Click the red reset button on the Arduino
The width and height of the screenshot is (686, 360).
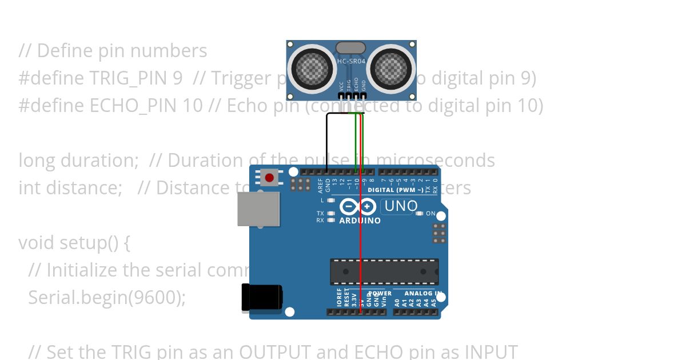[269, 178]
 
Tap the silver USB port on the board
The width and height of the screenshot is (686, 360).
[258, 209]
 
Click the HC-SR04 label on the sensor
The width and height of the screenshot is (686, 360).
[351, 61]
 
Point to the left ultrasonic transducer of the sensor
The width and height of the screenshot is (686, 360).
[312, 68]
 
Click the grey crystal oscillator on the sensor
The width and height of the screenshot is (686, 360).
[351, 47]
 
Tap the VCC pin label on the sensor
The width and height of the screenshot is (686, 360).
[341, 85]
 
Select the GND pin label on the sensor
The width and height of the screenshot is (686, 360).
[364, 85]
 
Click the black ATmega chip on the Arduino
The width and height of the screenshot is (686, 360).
[384, 271]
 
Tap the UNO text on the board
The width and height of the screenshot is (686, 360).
[401, 206]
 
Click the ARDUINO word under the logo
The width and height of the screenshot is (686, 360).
[360, 221]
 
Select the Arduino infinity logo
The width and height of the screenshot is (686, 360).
[357, 207]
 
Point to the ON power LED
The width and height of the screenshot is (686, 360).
[420, 214]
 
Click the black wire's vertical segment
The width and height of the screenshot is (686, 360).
[327, 143]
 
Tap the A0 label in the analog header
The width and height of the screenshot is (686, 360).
[397, 301]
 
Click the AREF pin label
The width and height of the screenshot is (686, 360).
[321, 186]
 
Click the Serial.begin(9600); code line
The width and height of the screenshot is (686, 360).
[107, 298]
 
